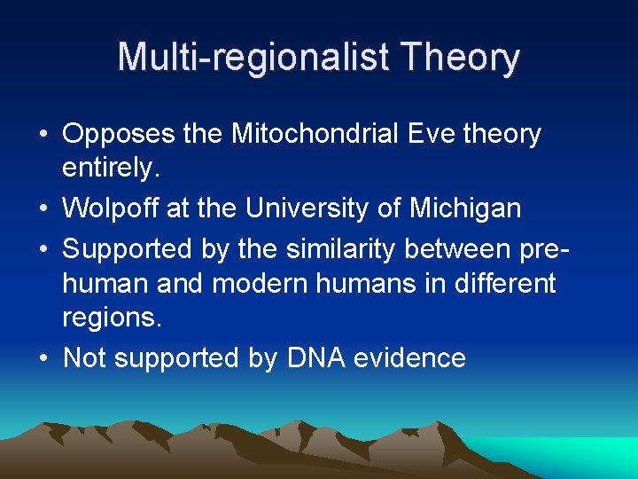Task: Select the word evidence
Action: (x=409, y=358)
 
